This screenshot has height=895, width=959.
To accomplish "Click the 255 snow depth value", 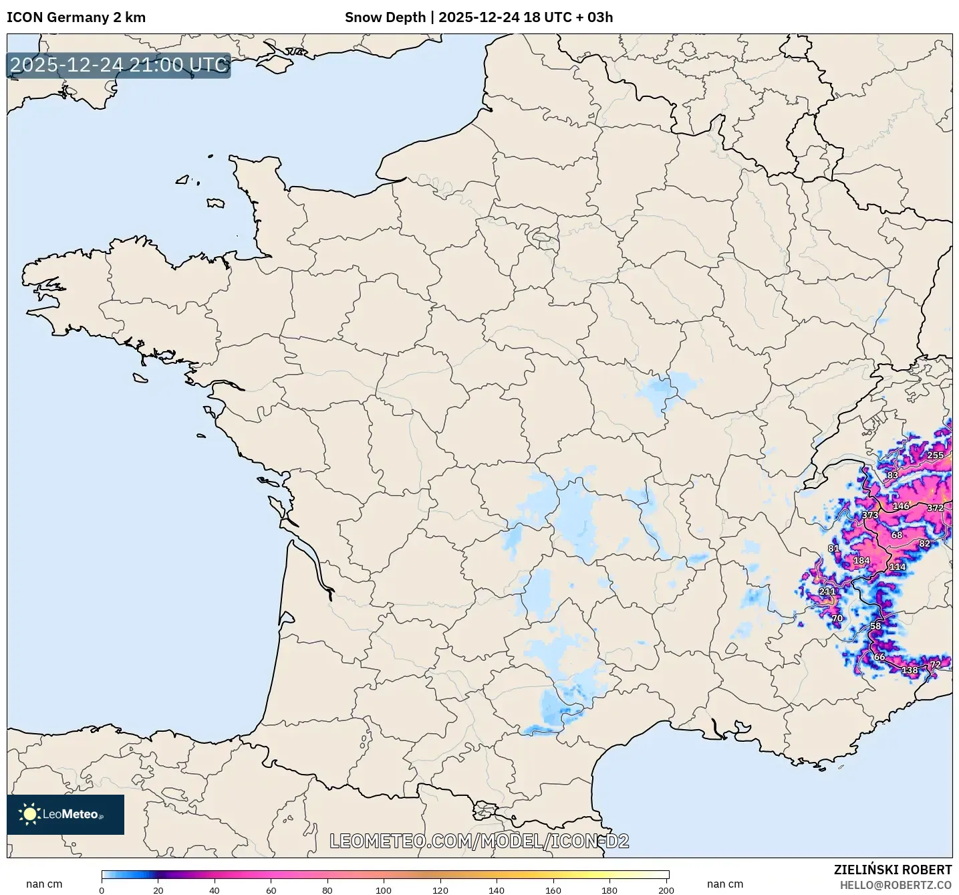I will pyautogui.click(x=935, y=456).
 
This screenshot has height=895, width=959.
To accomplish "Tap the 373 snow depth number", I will pyautogui.click(x=870, y=515).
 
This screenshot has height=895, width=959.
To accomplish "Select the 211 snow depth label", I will pyautogui.click(x=827, y=591).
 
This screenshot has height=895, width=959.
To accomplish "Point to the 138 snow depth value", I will pyautogui.click(x=910, y=670).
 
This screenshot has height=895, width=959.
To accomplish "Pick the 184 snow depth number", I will pyautogui.click(x=861, y=561).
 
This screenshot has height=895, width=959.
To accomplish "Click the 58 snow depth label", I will pyautogui.click(x=875, y=625).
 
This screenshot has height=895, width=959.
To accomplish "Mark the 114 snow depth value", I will pyautogui.click(x=897, y=567).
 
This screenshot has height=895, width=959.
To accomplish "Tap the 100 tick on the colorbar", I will pyautogui.click(x=384, y=890).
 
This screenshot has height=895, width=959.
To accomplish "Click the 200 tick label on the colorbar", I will pyautogui.click(x=666, y=890).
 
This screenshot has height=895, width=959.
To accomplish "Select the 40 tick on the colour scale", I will pyautogui.click(x=215, y=890).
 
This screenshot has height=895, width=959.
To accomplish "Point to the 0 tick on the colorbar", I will pyautogui.click(x=102, y=890).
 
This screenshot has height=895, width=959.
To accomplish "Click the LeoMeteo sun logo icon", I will pyautogui.click(x=29, y=814).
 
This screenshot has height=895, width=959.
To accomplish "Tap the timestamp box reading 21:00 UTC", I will pyautogui.click(x=119, y=65).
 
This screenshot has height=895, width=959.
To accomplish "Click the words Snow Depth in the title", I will pyautogui.click(x=385, y=17).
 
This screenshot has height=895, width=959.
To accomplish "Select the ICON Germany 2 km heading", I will pyautogui.click(x=76, y=17).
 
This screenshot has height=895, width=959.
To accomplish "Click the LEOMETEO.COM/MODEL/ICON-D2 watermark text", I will pyautogui.click(x=479, y=841).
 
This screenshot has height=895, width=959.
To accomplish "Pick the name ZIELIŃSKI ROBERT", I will pyautogui.click(x=893, y=870).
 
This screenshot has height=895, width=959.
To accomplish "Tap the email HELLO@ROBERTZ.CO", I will pyautogui.click(x=896, y=885).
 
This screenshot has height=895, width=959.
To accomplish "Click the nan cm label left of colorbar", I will pyautogui.click(x=44, y=884).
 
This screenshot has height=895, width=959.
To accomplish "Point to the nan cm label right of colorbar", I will pyautogui.click(x=725, y=884).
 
